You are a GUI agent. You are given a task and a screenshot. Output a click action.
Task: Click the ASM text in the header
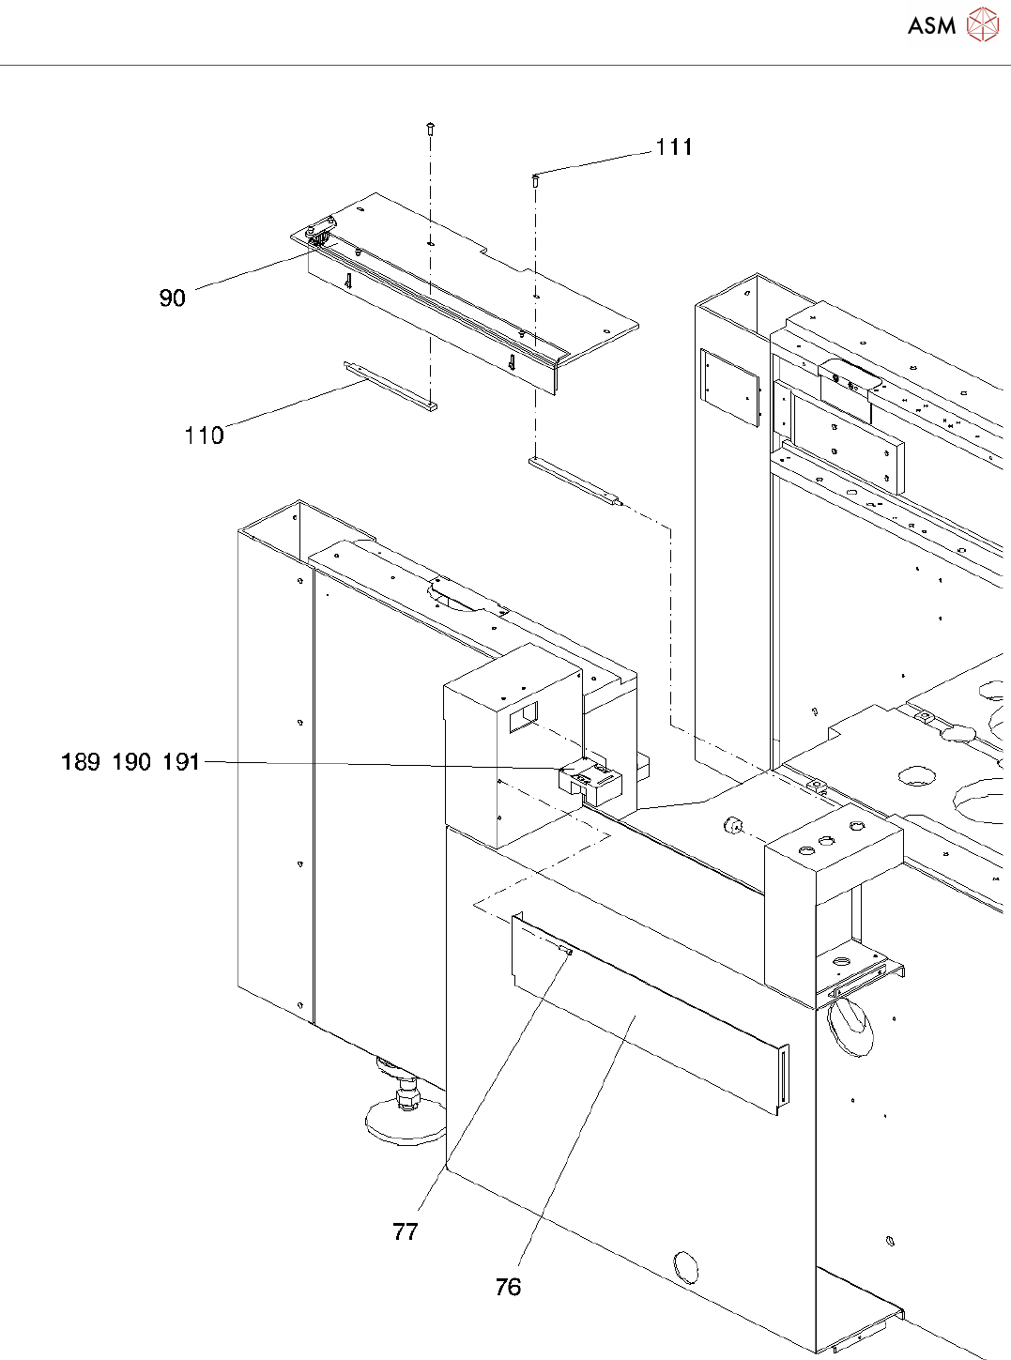tap(931, 26)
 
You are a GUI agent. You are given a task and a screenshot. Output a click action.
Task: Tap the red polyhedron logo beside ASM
tap(982, 24)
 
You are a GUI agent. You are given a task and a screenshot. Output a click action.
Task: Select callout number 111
tap(674, 147)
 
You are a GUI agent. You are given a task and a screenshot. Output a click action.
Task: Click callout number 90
tap(172, 298)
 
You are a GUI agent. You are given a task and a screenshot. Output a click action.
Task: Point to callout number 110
tap(204, 436)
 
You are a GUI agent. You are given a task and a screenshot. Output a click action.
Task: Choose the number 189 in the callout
tap(81, 762)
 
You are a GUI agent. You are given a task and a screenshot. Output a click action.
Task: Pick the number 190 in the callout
tap(131, 762)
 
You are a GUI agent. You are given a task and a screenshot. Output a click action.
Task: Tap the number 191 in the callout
tap(181, 762)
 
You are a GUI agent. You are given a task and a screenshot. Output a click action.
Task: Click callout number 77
tap(406, 1232)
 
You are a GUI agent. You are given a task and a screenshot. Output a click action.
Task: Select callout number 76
tap(508, 1288)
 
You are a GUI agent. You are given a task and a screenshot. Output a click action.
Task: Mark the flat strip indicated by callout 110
tap(391, 385)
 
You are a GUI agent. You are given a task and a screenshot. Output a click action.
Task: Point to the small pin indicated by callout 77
tap(566, 951)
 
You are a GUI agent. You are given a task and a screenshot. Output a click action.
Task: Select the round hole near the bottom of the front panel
tap(686, 1267)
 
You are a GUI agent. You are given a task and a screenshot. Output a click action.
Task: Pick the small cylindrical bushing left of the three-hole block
tap(733, 825)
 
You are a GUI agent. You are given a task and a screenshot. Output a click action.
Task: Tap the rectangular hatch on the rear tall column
tap(729, 387)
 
